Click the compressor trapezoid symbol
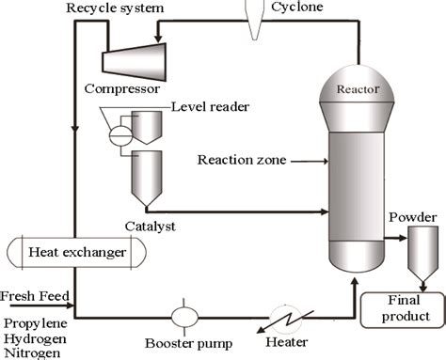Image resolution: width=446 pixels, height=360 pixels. coord(137,61)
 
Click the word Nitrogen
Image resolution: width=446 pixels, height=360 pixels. coord(31,352)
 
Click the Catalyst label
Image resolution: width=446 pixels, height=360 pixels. coord(151,227)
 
